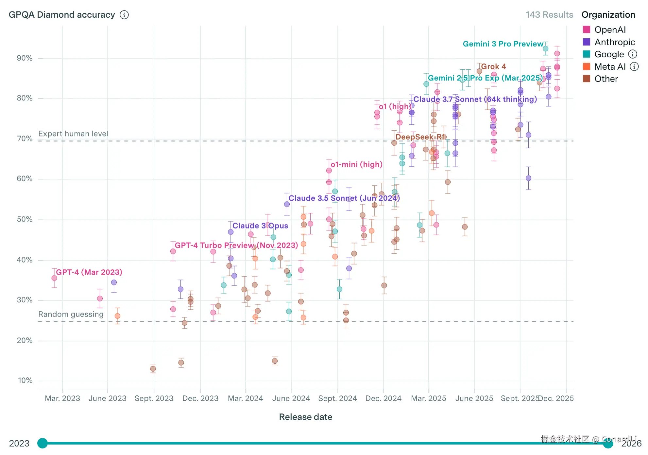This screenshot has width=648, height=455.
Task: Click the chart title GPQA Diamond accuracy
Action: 62,15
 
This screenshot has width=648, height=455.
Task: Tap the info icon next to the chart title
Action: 124,15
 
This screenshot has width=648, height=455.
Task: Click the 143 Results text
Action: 549,15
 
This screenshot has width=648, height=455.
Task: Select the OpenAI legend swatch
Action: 587,30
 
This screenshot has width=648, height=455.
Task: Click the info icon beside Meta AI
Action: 634,67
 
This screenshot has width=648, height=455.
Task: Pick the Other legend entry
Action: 606,79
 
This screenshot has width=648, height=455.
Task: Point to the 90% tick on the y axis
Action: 25,58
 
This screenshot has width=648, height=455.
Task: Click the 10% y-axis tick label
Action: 25,380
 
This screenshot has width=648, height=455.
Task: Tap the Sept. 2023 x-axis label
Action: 154,398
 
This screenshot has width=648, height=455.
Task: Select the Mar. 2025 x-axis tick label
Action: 428,398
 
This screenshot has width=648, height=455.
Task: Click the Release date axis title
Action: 306,417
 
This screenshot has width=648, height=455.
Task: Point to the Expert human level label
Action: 73,134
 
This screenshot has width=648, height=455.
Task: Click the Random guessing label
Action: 71,314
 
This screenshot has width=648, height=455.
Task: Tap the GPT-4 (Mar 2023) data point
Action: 54,278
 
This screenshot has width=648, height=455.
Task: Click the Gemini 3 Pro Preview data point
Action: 546,49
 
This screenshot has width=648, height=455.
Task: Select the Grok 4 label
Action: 493,66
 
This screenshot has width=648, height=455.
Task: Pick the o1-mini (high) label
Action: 356,164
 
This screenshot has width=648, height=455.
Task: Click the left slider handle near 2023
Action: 43,443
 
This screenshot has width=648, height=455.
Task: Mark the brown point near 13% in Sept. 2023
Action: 153,369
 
